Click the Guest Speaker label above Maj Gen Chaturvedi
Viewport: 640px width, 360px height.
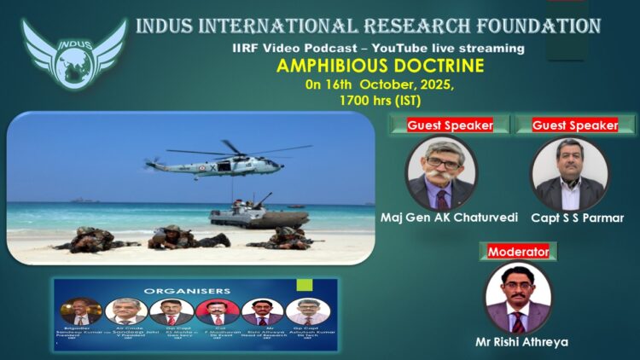tap(450, 125)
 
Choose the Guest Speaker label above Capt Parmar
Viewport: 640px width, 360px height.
tap(575, 125)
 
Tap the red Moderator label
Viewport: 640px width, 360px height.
tap(518, 252)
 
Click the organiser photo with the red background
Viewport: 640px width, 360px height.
tap(218, 311)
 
